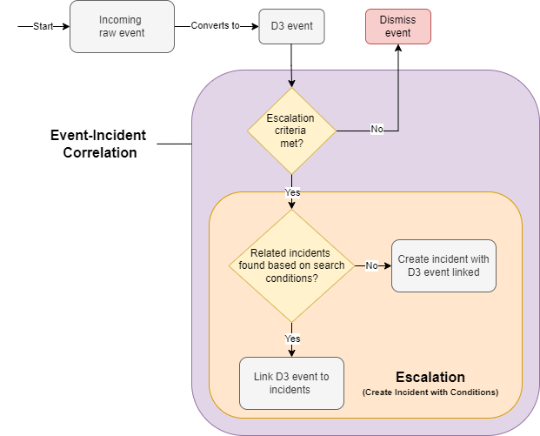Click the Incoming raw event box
tap(122, 26)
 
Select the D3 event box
tap(292, 26)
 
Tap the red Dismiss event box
tap(398, 26)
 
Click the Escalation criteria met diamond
tap(292, 131)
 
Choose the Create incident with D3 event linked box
tap(443, 265)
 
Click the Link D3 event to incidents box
tap(292, 383)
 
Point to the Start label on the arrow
tap(43, 26)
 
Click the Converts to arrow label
tap(216, 26)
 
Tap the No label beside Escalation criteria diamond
tap(377, 130)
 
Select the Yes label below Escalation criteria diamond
tap(292, 191)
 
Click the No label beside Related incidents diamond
tap(371, 265)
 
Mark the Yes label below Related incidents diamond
tap(292, 338)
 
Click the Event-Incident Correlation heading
tap(98, 144)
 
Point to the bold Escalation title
tap(430, 377)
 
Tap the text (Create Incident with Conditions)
tap(430, 392)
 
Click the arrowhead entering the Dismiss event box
tap(398, 49)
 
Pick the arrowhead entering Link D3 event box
tap(292, 352)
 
